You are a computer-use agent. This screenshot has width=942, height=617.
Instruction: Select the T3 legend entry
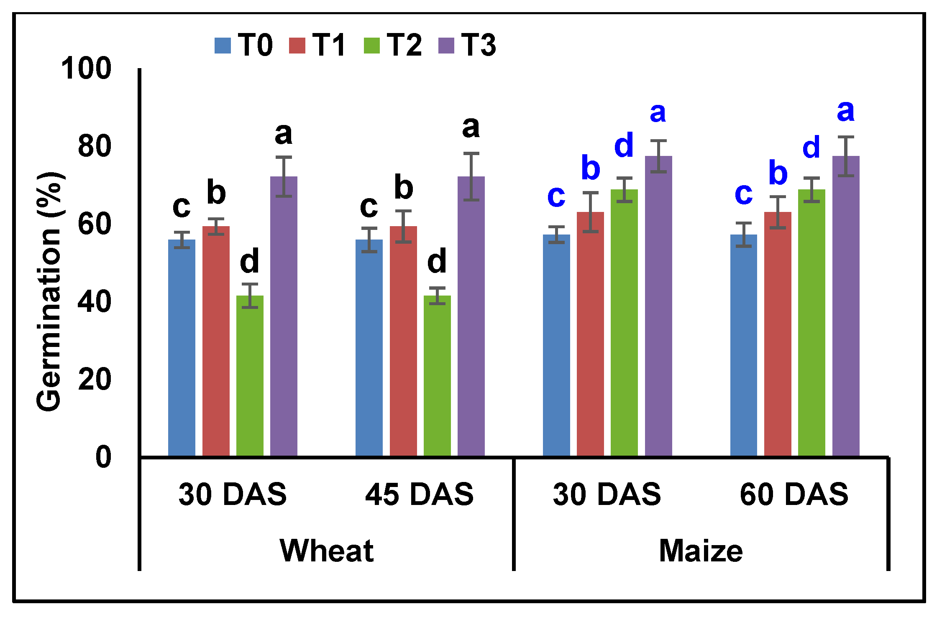(467, 45)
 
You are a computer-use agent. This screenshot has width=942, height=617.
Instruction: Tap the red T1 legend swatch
(297, 46)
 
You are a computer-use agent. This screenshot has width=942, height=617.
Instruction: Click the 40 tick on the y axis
(95, 302)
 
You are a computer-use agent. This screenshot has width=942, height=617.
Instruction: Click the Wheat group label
(326, 551)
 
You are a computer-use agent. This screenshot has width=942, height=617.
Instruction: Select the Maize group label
(701, 551)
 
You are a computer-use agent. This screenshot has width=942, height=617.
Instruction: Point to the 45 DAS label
(419, 494)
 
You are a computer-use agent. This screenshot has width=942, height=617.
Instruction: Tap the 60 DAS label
(794, 494)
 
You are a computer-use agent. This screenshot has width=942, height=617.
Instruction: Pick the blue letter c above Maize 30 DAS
(556, 196)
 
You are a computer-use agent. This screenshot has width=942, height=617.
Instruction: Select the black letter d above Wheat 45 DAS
(437, 262)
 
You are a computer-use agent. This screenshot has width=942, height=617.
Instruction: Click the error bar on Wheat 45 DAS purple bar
(471, 176)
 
